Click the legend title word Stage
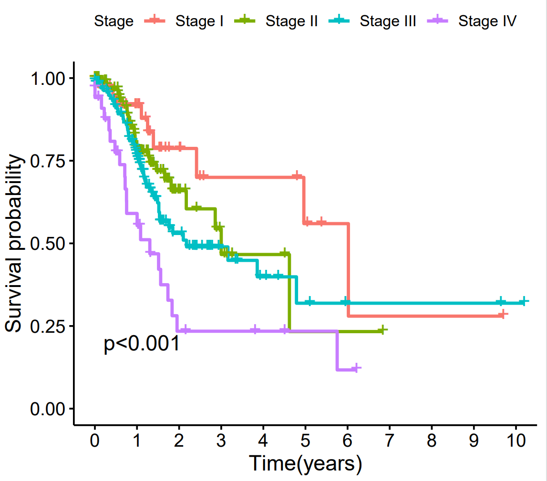click(114, 21)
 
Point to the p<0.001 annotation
click(142, 344)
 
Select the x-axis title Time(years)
click(305, 463)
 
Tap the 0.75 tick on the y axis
click(49, 161)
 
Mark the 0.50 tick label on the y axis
click(49, 243)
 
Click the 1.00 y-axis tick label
click(49, 78)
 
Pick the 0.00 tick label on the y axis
click(49, 409)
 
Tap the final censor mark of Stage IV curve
click(354, 368)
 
